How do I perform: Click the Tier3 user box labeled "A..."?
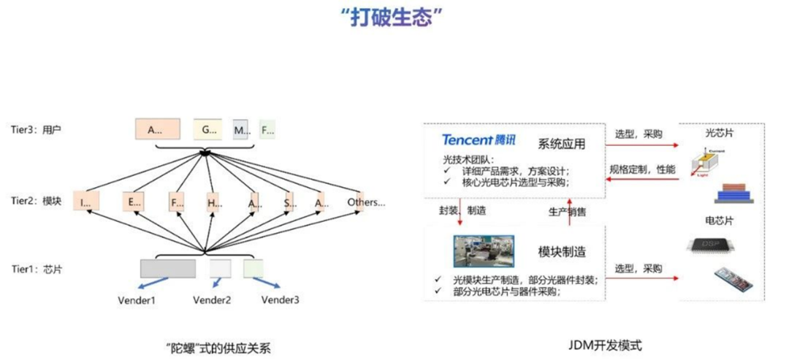coord(157,130)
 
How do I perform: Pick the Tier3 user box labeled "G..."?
coord(210,130)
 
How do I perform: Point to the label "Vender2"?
coord(212,300)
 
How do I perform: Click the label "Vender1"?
coord(137,300)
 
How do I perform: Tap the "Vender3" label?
coord(280,300)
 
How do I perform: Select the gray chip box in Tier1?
coord(168,268)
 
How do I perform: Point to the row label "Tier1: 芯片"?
coord(38,269)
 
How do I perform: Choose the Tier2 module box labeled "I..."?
coord(86,202)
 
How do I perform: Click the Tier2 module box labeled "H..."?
coord(214,202)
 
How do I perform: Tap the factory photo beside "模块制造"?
coord(483,249)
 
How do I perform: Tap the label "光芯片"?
coord(720,134)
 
